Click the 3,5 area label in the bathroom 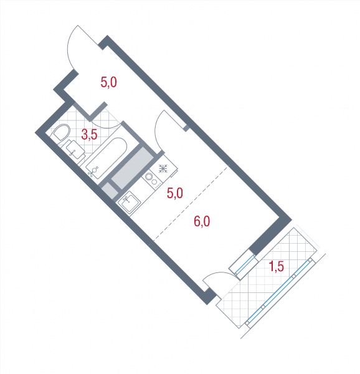coord(89,135)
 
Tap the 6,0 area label coord(202,221)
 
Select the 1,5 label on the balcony coord(277,266)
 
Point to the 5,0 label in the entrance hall coord(108,82)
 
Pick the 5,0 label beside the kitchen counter coord(174,193)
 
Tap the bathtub coord(107,158)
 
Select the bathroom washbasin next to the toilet coord(75,150)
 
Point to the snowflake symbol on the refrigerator coord(163,169)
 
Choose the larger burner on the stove coord(149,177)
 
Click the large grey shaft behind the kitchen coord(133,168)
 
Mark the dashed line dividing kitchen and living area coord(191,203)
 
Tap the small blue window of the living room coord(245,264)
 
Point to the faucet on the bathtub coord(93,171)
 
